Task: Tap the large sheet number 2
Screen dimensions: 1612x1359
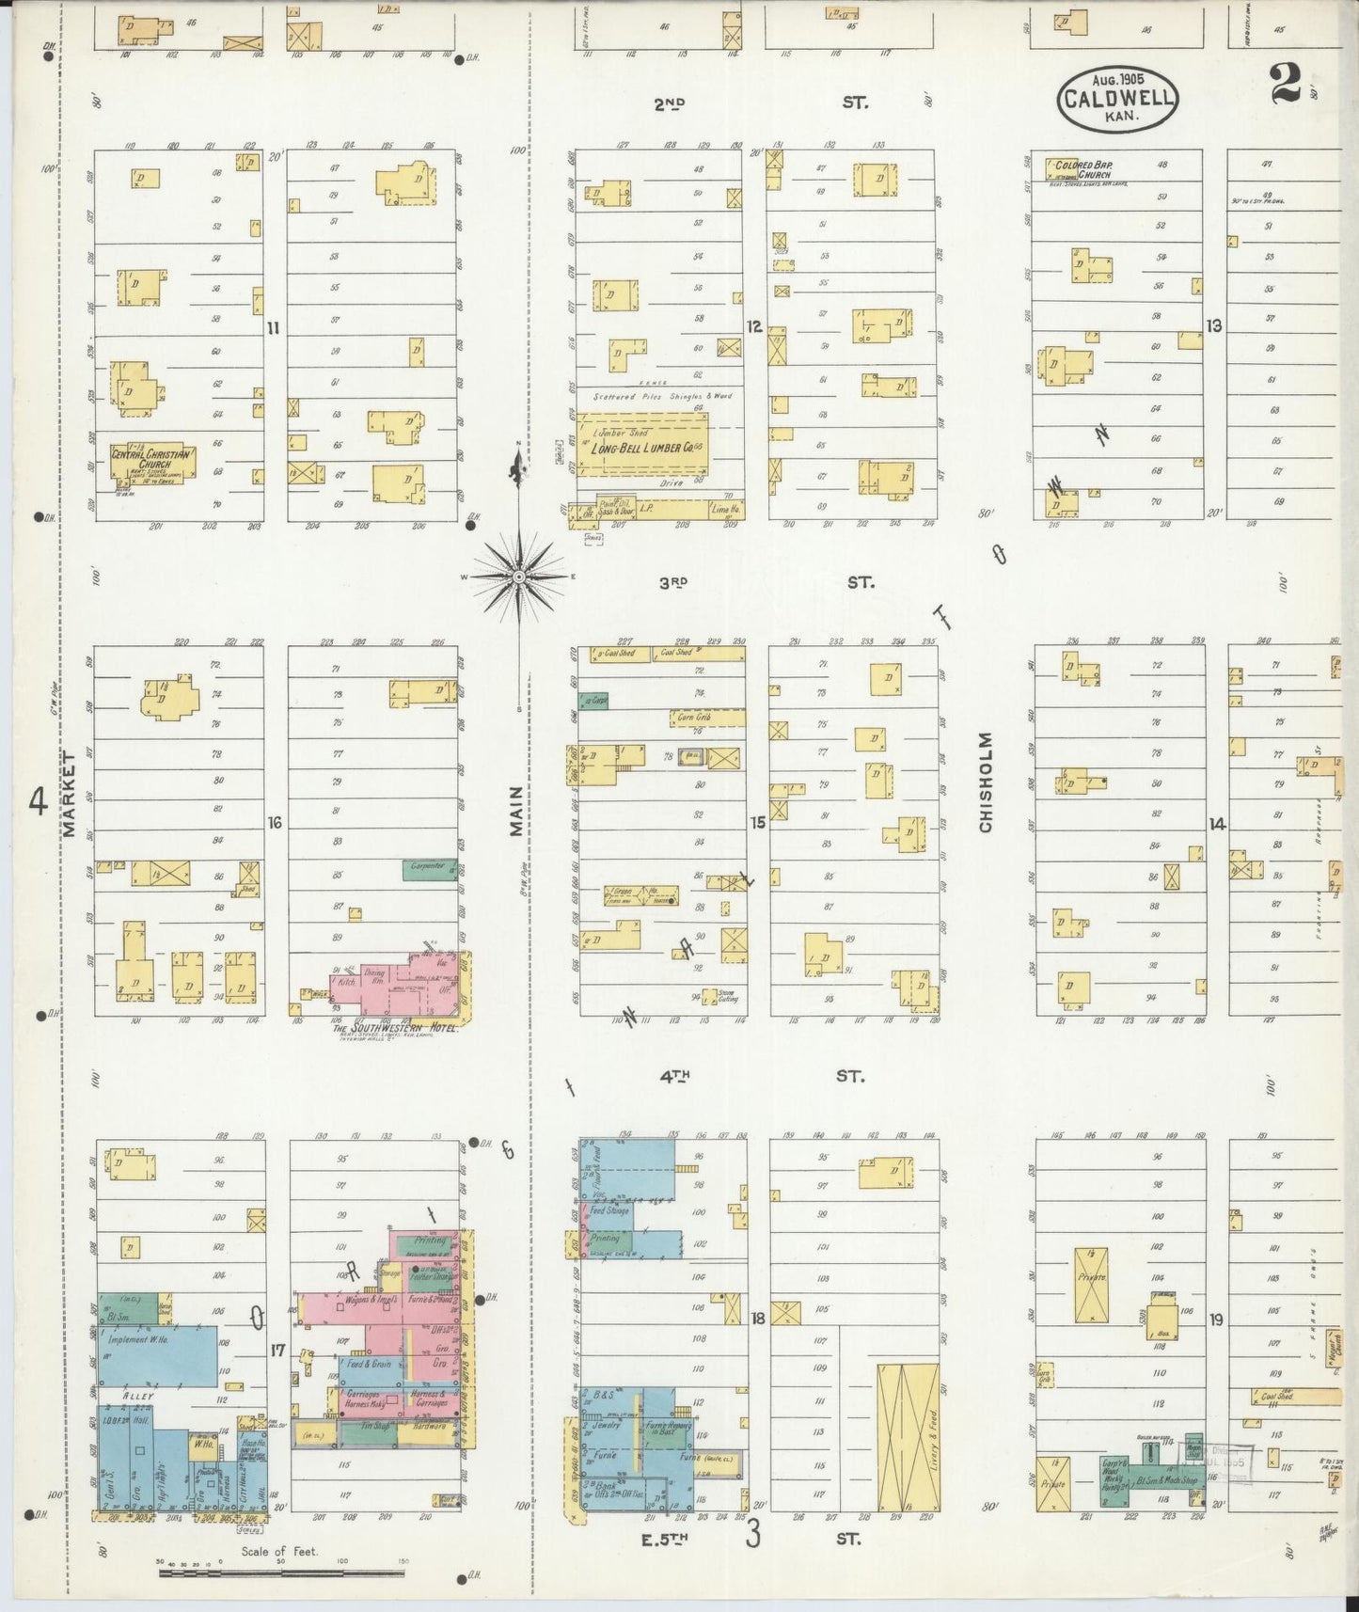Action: (1285, 83)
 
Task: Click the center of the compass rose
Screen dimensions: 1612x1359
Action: (519, 576)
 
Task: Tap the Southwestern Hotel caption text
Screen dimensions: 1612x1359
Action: (396, 1028)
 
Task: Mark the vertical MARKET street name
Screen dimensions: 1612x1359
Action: (70, 793)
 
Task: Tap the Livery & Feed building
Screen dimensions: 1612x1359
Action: (908, 1439)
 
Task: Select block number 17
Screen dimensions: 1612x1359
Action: (277, 1351)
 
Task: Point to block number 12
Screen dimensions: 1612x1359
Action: (753, 327)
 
